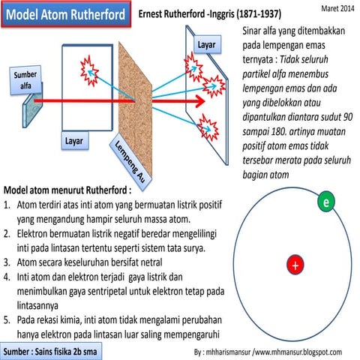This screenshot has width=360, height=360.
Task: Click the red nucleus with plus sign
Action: click(296, 265)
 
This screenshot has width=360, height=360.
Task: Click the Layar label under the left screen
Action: click(75, 140)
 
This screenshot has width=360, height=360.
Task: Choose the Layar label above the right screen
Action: click(208, 46)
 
